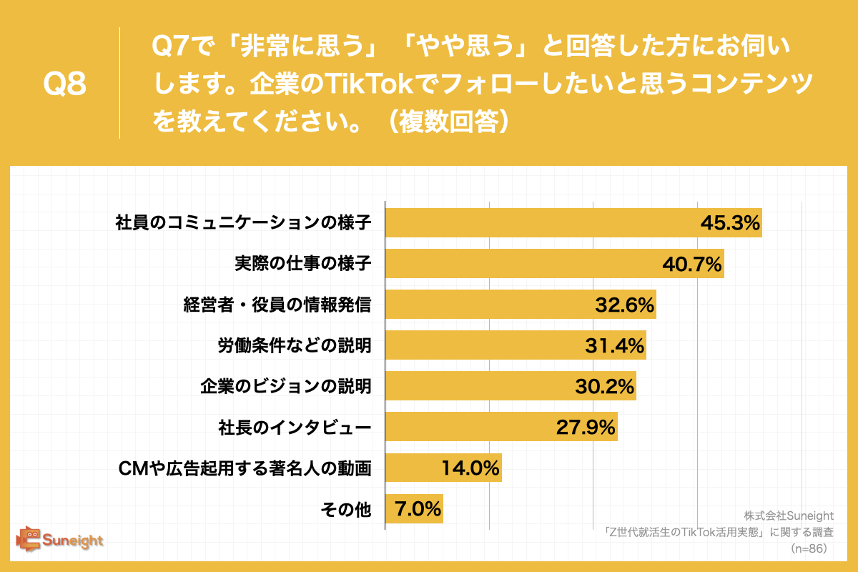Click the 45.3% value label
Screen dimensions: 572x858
pos(729,223)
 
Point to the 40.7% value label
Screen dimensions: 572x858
pos(691,265)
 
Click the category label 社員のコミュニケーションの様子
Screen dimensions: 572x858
pos(243,223)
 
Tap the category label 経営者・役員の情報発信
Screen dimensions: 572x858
pos(277,305)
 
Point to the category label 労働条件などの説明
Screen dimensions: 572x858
pos(294,346)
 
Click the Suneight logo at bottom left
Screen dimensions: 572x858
pos(61,540)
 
